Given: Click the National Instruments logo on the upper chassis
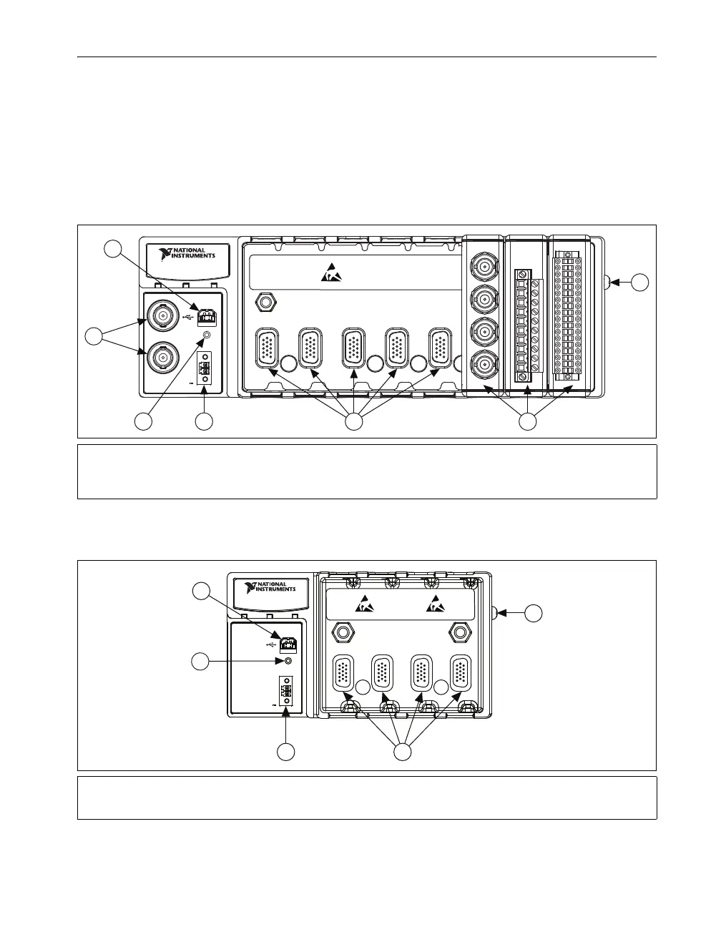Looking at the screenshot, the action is pos(187,255).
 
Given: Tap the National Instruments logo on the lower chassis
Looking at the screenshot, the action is pos(270,587).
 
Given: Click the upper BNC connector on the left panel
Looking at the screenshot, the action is pos(162,315).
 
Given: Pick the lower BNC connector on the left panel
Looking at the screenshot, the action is pos(162,356).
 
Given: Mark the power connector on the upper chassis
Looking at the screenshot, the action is pos(205,370).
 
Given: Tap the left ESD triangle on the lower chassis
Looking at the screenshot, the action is pos(364,604).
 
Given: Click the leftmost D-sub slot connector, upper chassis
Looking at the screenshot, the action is pos(267,348).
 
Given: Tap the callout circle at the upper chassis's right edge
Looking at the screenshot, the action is pos(640,283).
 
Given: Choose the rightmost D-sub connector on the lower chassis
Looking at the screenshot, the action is pos(461,675).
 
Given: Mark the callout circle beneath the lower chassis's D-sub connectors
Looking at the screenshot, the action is pos(403,752).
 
